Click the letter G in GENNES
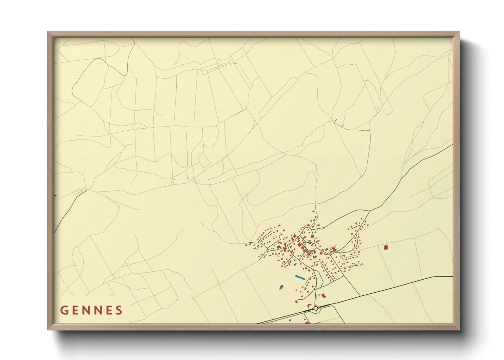(x=64, y=310)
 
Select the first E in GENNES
(x=75, y=310)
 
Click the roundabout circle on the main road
(x=316, y=308)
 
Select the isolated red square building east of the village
(x=386, y=248)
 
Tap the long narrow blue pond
(x=300, y=278)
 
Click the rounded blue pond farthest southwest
(x=281, y=288)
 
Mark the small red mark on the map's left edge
(x=55, y=196)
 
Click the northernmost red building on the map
(x=336, y=120)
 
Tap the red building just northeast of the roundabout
(x=324, y=296)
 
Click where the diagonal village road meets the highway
(x=359, y=296)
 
